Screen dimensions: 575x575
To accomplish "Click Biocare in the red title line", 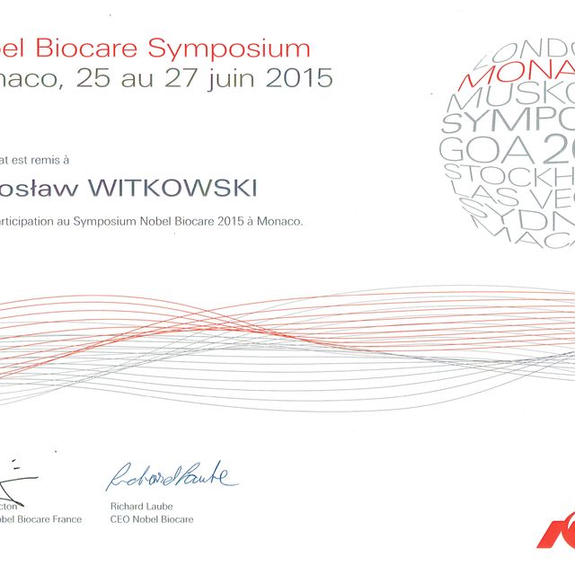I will click(x=99, y=48).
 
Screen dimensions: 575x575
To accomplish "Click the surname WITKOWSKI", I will click(x=182, y=188).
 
